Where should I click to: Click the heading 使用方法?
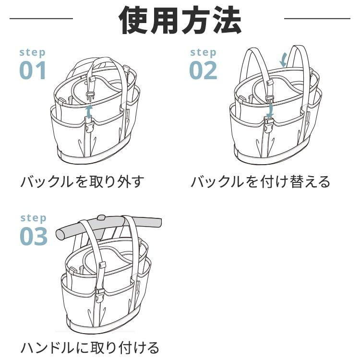pos(180,20)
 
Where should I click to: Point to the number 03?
pos(34,236)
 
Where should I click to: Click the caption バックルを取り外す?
pos(82,182)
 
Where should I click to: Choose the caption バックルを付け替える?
pos(261,182)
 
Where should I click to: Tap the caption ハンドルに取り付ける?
pos(90,347)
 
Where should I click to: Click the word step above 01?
pos(33,52)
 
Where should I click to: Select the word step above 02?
pos(203,52)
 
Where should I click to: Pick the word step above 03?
pos(34,218)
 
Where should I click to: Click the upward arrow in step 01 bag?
pos(89,112)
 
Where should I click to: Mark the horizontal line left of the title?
pos(41,19)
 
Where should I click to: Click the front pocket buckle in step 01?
pos(89,128)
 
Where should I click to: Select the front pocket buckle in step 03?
pos(100,293)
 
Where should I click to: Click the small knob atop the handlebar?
pos(101,218)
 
